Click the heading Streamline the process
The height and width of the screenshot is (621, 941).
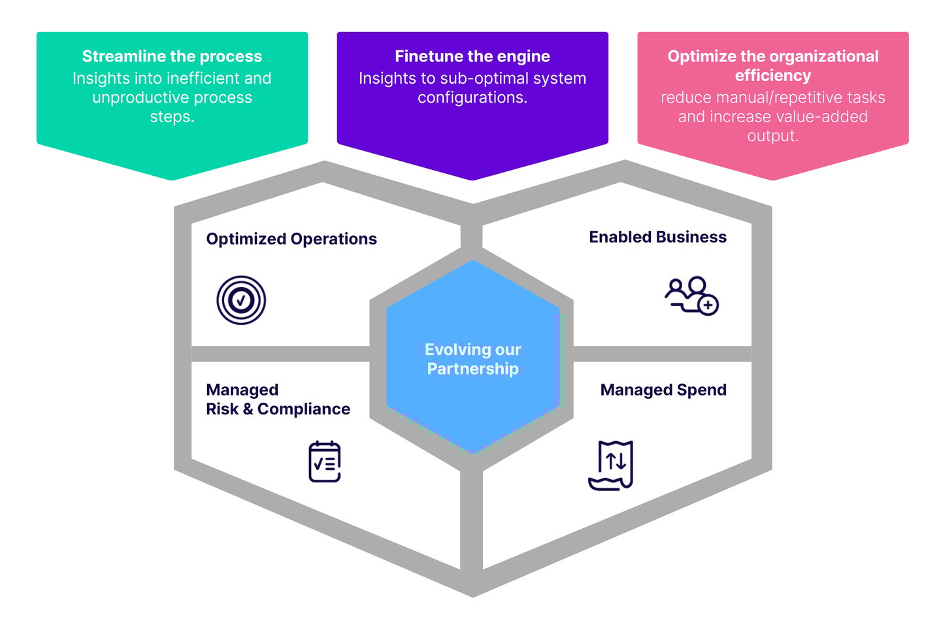172,56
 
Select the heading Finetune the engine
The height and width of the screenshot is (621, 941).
472,56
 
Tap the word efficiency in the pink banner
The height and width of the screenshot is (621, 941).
772,76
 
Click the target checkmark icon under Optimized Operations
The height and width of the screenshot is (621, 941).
241,300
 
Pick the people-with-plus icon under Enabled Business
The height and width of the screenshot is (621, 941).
692,295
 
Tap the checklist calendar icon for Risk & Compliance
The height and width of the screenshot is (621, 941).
325,462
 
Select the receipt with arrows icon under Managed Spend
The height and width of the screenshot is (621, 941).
612,465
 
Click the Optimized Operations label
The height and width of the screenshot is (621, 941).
291,239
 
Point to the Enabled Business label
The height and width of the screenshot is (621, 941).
657,237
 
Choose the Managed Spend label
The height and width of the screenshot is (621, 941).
663,390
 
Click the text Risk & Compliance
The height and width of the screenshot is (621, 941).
278,409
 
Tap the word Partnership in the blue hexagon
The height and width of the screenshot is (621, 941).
472,369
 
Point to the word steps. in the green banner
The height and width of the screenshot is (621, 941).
172,117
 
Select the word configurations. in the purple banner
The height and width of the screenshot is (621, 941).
472,98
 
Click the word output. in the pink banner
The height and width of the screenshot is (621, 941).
772,136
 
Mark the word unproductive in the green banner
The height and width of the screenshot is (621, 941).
129,98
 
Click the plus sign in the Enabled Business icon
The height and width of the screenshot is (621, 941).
708,305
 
